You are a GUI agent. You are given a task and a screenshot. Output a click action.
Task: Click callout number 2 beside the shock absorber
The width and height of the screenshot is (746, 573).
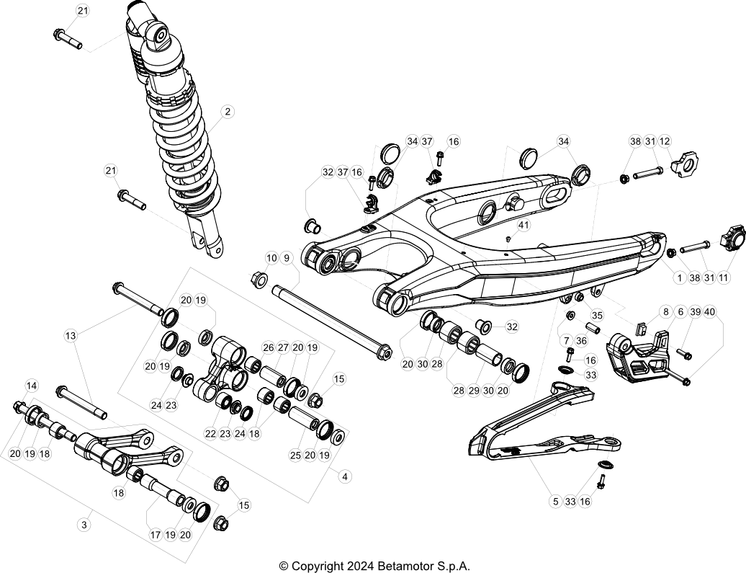coord(228,112)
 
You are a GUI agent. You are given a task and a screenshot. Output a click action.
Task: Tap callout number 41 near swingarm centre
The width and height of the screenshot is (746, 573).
coord(523,226)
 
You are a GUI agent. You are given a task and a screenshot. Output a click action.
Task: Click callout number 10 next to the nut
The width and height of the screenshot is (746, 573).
coord(271,258)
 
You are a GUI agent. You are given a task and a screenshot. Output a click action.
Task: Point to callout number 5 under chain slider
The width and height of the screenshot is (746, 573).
coord(554,501)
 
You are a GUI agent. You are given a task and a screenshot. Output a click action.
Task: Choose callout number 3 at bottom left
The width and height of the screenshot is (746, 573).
coord(84,525)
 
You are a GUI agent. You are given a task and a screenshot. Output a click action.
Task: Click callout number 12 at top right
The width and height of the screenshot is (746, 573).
coord(664,141)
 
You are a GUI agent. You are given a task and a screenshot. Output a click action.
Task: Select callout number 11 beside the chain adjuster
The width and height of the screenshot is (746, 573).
coord(724,277)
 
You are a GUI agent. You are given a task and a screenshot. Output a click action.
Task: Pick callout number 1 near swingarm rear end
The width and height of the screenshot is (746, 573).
coord(679,277)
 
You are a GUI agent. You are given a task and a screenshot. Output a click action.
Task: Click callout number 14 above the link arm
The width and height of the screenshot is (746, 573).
coord(31,386)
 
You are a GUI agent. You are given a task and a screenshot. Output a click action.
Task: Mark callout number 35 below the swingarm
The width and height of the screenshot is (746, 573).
coord(596,315)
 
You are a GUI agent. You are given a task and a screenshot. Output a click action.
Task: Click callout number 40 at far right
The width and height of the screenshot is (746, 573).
coord(710,312)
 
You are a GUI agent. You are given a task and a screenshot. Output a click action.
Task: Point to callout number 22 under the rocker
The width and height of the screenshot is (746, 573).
coord(210,434)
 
